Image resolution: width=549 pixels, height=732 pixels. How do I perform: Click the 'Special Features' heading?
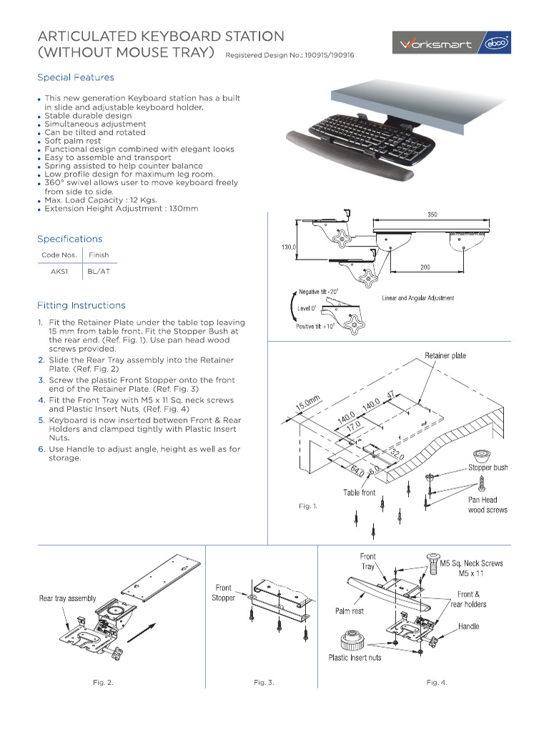coord(75,77)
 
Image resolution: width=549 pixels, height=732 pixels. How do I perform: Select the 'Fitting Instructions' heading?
coord(81,305)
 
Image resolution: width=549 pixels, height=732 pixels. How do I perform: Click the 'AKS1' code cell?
coord(59,272)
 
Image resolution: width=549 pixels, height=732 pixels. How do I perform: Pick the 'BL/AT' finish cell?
coord(99,272)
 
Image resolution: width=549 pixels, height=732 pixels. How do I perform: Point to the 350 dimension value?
coord(432,214)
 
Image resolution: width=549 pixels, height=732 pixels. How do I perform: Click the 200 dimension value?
coord(425,267)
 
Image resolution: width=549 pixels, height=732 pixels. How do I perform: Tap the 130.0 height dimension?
coord(288,247)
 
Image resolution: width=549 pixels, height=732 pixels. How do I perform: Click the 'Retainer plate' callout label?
coord(445,355)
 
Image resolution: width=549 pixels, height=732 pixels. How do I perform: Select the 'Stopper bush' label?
coord(488,468)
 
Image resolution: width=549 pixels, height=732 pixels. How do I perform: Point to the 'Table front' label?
coord(359,493)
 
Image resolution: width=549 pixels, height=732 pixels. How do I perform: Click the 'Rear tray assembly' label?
coord(67,598)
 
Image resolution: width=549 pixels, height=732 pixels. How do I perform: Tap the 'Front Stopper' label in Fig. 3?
coord(223,593)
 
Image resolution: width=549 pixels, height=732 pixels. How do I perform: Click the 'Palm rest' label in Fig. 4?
coord(349,611)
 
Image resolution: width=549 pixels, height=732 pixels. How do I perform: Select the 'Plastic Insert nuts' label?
coord(355,658)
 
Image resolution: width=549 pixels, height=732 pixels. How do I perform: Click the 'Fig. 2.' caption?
coord(103,683)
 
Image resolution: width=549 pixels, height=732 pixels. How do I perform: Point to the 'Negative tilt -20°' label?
coord(319,292)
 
